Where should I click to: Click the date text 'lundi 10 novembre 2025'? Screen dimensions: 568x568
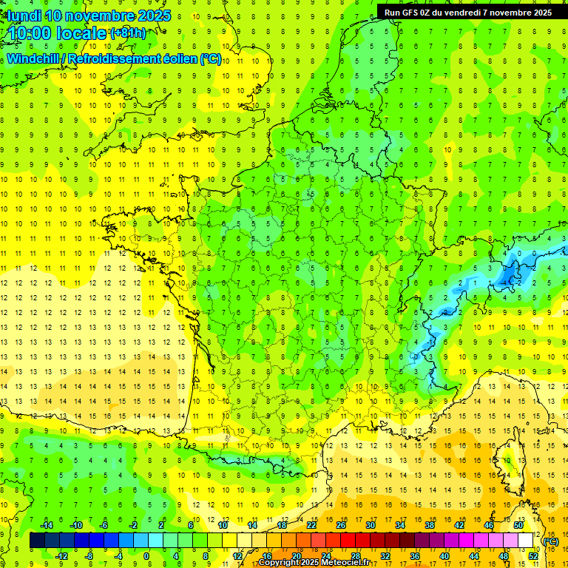click(87, 16)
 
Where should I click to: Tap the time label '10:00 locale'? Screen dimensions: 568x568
click(55, 33)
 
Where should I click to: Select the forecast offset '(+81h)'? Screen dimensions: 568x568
click(128, 33)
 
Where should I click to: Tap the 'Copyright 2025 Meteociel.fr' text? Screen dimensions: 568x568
click(314, 563)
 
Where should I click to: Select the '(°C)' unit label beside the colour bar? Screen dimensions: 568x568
click(551, 541)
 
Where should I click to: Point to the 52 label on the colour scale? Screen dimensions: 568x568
click(533, 556)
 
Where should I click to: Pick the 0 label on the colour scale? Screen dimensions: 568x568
click(146, 556)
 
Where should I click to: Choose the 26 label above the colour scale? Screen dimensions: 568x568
click(341, 525)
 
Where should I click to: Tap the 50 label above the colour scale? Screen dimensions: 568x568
click(518, 525)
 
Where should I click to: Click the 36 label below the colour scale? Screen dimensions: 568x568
click(415, 556)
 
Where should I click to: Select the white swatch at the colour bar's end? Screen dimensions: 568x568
click(526, 541)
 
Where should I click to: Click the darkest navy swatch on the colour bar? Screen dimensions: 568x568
click(37, 541)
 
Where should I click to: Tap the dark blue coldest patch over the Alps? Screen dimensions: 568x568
click(509, 277)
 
